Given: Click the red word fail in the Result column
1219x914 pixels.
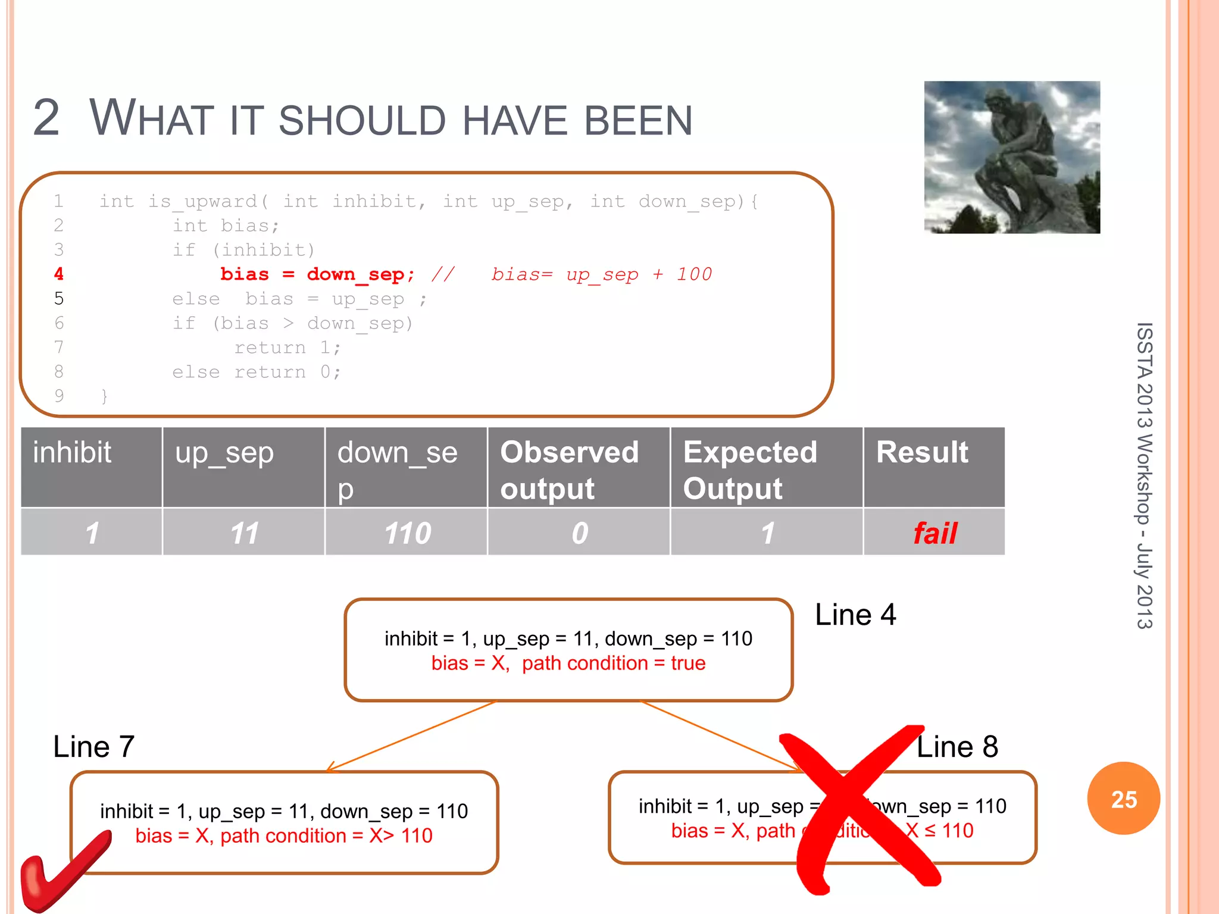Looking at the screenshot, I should [x=934, y=533].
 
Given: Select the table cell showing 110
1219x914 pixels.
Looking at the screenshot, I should [x=407, y=533].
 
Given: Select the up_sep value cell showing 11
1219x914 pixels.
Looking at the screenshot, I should [x=244, y=533].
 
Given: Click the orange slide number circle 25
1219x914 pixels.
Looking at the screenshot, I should [x=1123, y=799].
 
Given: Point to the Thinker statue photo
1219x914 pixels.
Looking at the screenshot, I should [x=1011, y=157].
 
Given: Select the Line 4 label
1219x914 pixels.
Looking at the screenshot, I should [x=855, y=615].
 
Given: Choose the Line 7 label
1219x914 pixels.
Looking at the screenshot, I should [x=94, y=747].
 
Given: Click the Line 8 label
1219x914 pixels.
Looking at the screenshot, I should [x=957, y=747].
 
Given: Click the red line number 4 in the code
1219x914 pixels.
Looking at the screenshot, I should [x=58, y=274].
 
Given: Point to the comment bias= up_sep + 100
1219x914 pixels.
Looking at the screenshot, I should [x=601, y=274].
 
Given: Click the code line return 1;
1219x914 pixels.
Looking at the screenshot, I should [x=287, y=348].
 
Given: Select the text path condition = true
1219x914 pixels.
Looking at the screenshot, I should [x=614, y=663].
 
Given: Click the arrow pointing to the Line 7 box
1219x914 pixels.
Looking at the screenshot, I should [x=411, y=737].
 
